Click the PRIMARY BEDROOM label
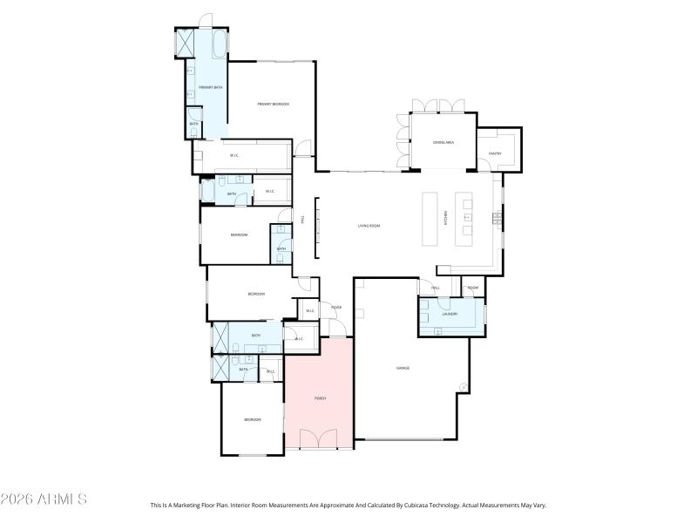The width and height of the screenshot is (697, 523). (x=273, y=105)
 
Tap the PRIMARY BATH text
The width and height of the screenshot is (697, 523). (x=210, y=88)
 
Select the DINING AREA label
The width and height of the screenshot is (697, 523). (x=443, y=142)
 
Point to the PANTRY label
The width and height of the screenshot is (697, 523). (x=495, y=153)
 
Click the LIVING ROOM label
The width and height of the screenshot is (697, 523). (x=369, y=226)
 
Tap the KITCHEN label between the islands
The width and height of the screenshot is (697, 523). (x=446, y=218)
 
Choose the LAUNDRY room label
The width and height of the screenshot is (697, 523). (x=450, y=314)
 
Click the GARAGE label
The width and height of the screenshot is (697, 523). (x=403, y=368)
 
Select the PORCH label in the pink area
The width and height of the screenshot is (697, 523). (x=320, y=398)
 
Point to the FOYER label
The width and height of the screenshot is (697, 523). (x=335, y=308)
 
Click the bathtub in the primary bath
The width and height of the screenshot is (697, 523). (x=218, y=43)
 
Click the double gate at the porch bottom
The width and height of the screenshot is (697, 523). (x=320, y=439)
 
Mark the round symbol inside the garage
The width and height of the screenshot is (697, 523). (x=464, y=388)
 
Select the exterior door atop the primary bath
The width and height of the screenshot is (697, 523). (x=205, y=20)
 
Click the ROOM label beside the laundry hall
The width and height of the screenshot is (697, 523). (x=473, y=288)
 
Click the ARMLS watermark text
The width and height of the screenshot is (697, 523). (x=44, y=499)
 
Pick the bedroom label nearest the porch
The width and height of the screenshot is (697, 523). (x=252, y=420)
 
